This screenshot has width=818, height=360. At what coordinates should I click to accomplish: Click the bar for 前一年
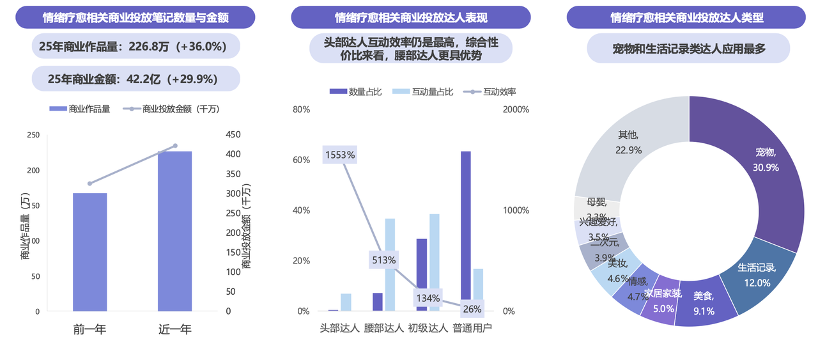pos(89,252)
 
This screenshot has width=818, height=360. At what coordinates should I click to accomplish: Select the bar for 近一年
pos(175,231)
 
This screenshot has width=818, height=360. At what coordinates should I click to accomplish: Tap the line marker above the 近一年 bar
pos(175,146)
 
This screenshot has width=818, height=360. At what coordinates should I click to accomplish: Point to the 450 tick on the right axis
pos(234,134)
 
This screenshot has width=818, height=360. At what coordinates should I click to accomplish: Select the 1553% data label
pos(339,155)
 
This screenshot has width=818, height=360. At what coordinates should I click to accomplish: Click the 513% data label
pos(383,260)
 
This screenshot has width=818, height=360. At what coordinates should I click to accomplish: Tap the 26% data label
pos(472,309)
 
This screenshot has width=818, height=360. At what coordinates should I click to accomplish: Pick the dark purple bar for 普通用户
pos(466,231)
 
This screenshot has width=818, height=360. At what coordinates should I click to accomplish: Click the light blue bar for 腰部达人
pos(390,265)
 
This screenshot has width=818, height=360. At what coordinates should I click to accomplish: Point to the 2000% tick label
pos(516,109)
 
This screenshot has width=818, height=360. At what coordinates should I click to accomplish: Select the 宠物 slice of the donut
pos(760,166)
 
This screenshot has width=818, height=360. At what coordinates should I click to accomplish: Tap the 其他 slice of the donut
pos(623,147)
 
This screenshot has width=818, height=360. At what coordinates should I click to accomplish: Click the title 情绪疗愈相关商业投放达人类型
pos(686,17)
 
